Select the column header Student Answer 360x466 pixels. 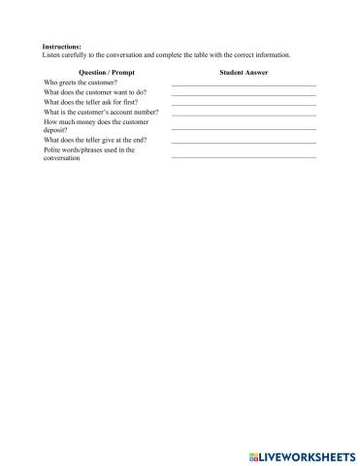[245, 73]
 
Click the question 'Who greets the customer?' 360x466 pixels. [82, 83]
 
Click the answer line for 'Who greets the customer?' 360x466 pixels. [244, 86]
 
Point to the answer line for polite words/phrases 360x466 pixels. [244, 156]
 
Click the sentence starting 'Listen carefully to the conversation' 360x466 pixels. [166, 54]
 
